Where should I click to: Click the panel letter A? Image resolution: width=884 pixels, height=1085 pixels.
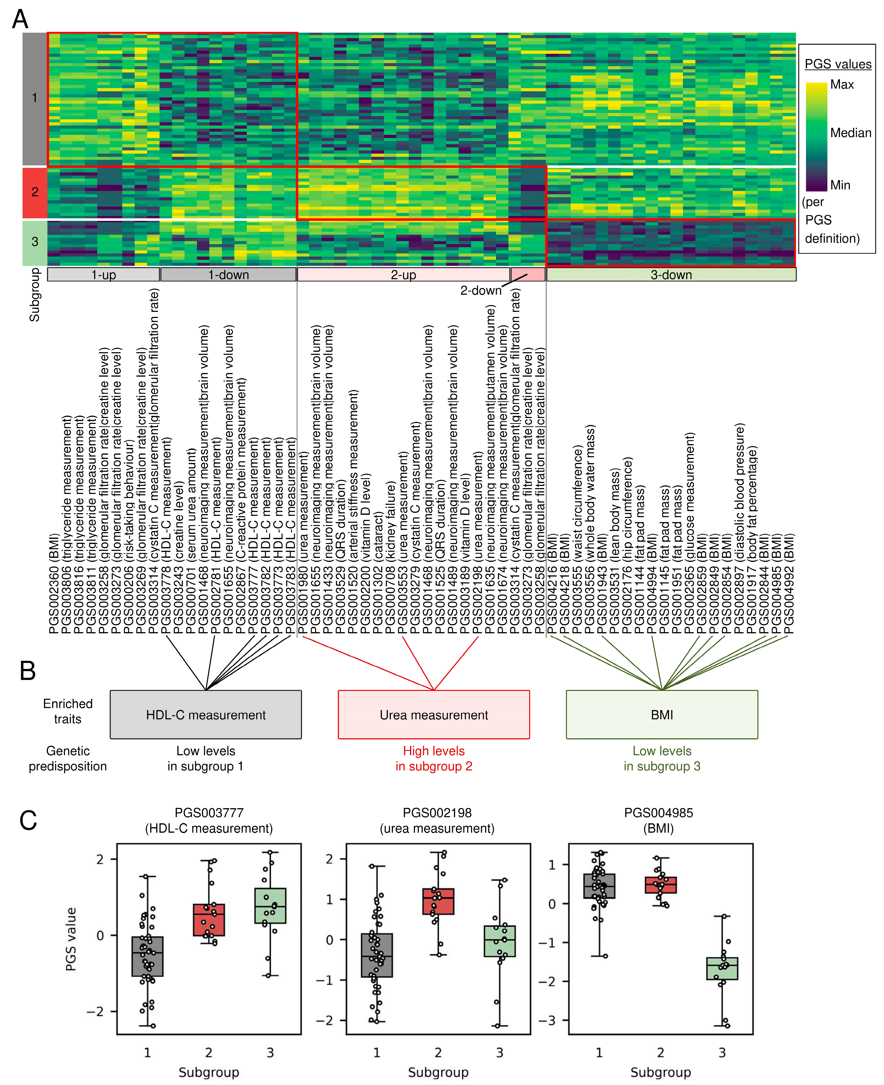(20, 19)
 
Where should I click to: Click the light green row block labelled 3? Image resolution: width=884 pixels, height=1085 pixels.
(35, 242)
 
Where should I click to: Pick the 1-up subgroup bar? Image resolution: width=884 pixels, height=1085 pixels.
(103, 275)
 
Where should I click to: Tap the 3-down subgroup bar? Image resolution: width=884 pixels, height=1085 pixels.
(671, 275)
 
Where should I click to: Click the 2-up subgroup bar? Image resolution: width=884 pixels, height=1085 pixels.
(403, 275)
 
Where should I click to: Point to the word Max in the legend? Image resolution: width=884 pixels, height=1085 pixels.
(842, 85)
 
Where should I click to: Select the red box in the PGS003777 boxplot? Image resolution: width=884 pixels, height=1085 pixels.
(209, 919)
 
